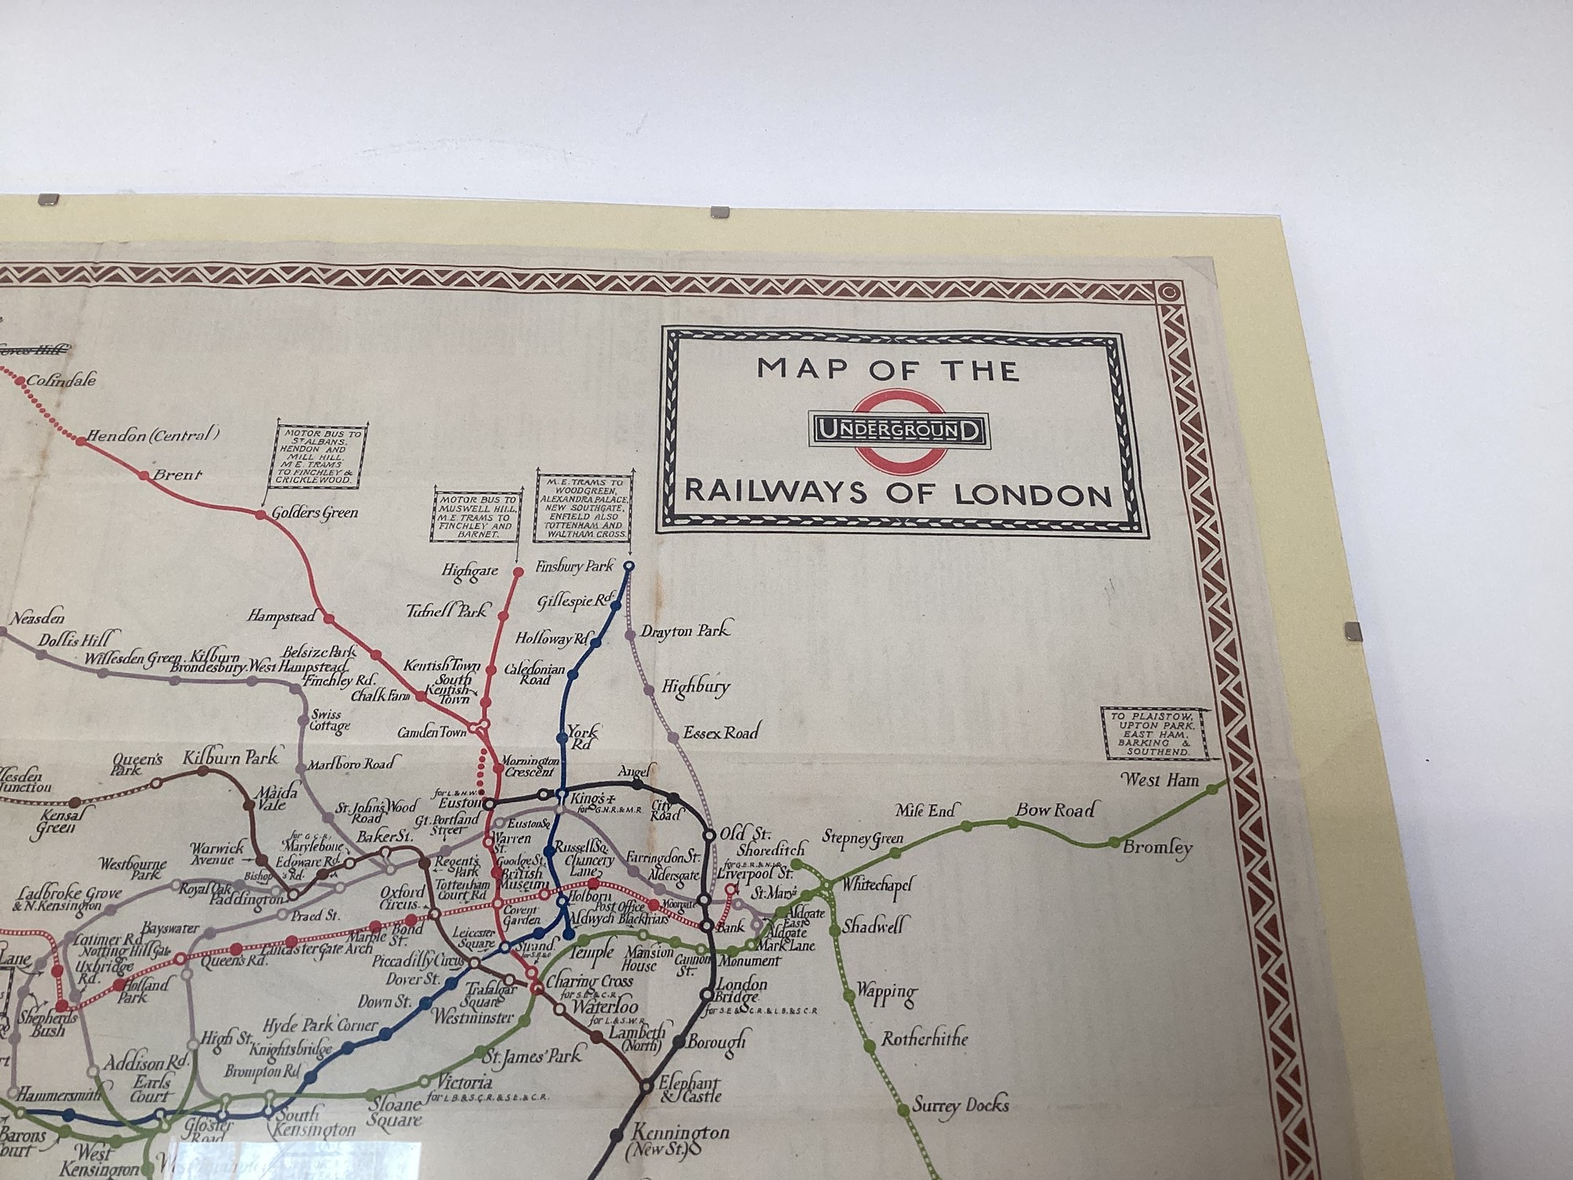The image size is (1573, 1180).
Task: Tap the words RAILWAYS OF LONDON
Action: tap(897, 493)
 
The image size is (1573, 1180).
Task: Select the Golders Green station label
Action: tap(315, 513)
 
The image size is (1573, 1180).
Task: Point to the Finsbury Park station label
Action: tap(574, 566)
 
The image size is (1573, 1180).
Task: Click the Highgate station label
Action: tap(470, 572)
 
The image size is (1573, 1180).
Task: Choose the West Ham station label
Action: tap(1160, 780)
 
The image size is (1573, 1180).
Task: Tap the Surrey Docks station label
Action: tap(960, 1105)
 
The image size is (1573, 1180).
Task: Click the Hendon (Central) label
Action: tap(153, 435)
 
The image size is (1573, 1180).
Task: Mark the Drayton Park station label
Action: tap(684, 631)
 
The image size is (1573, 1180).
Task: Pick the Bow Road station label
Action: tap(1055, 809)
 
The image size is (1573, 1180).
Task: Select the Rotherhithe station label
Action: tap(924, 1039)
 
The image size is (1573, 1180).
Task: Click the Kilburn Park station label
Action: tap(230, 758)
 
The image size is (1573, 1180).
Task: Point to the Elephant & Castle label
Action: tap(689, 1090)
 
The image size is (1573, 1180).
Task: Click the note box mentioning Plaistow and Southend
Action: tap(1154, 733)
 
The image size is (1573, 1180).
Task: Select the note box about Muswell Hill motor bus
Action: tap(476, 516)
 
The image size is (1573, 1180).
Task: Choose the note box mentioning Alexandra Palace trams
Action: tap(583, 507)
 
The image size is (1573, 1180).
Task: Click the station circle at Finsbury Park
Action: tap(628, 566)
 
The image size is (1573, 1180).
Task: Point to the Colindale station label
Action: tap(61, 381)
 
